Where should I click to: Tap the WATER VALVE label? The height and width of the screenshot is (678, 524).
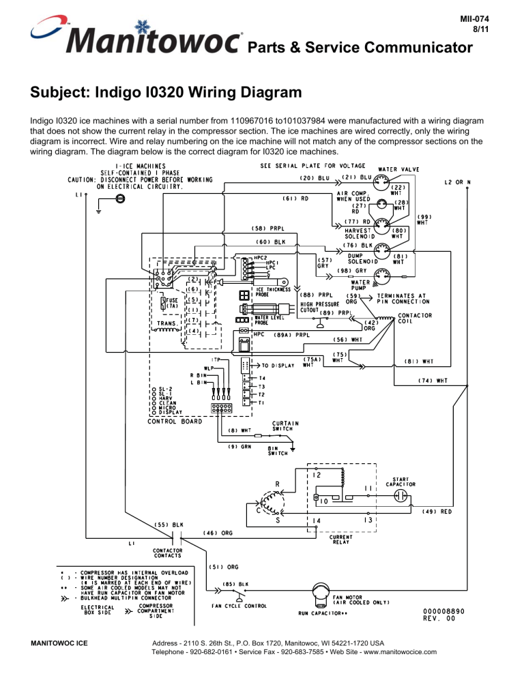pyautogui.click(x=399, y=169)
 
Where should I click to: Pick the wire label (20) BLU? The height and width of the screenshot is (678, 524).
pyautogui.click(x=315, y=179)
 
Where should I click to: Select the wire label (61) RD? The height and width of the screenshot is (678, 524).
pyautogui.click(x=296, y=199)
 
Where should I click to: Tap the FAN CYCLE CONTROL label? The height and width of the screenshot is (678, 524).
pyautogui.click(x=237, y=606)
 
